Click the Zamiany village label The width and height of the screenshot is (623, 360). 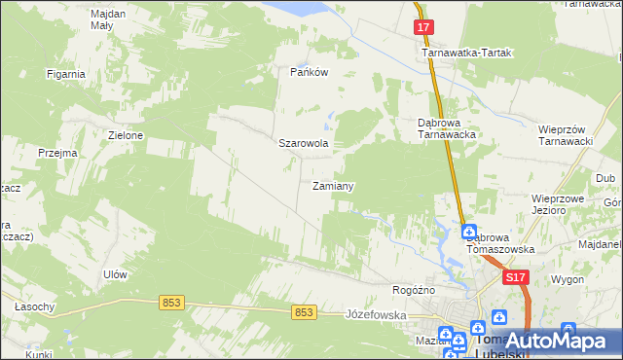332,185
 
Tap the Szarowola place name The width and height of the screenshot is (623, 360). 304,143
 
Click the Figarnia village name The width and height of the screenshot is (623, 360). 66,73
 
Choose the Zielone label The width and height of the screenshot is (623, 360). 127,135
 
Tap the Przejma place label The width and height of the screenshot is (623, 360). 56,153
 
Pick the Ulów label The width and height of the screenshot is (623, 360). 116,274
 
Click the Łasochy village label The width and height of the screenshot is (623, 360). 34,306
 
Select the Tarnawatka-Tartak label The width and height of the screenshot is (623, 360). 466,54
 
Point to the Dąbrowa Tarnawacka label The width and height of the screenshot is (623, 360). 446,129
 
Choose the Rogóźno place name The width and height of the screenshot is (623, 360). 413,290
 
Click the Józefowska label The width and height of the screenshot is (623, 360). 375,315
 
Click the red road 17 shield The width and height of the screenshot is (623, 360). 422,28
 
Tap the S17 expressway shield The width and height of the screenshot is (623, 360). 516,278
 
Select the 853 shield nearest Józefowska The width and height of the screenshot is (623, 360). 305,311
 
